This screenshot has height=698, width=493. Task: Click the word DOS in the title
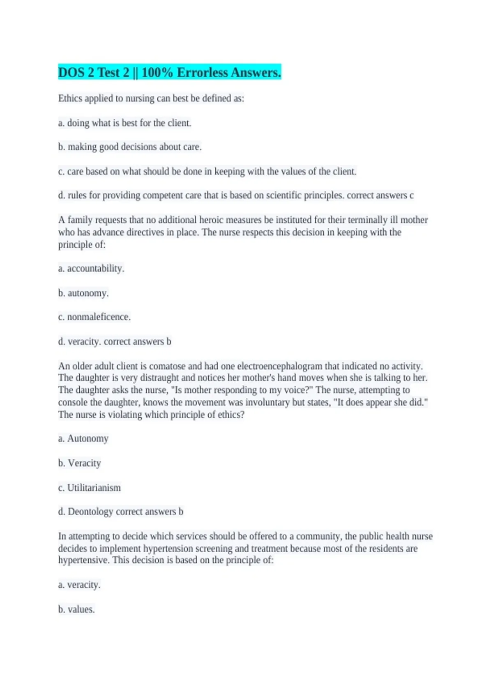click(x=71, y=73)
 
